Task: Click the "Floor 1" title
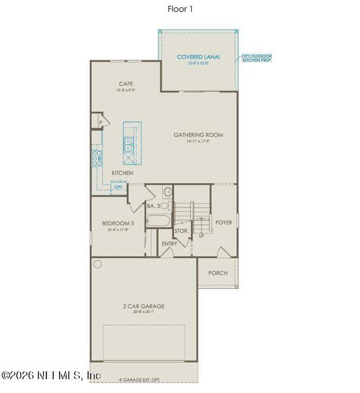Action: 180,9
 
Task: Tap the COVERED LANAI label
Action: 198,57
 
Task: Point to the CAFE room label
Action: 126,83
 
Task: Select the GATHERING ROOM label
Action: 198,135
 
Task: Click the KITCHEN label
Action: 122,173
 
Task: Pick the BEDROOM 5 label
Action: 118,223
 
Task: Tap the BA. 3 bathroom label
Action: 153,206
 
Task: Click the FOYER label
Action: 224,222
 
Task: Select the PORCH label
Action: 217,272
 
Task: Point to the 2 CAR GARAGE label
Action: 143,306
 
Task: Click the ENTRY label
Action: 170,244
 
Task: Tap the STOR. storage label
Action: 181,231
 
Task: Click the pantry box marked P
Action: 101,122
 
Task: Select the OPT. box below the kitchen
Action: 118,187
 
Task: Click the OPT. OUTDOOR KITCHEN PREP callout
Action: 256,58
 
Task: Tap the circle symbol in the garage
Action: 98,265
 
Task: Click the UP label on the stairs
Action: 201,234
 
